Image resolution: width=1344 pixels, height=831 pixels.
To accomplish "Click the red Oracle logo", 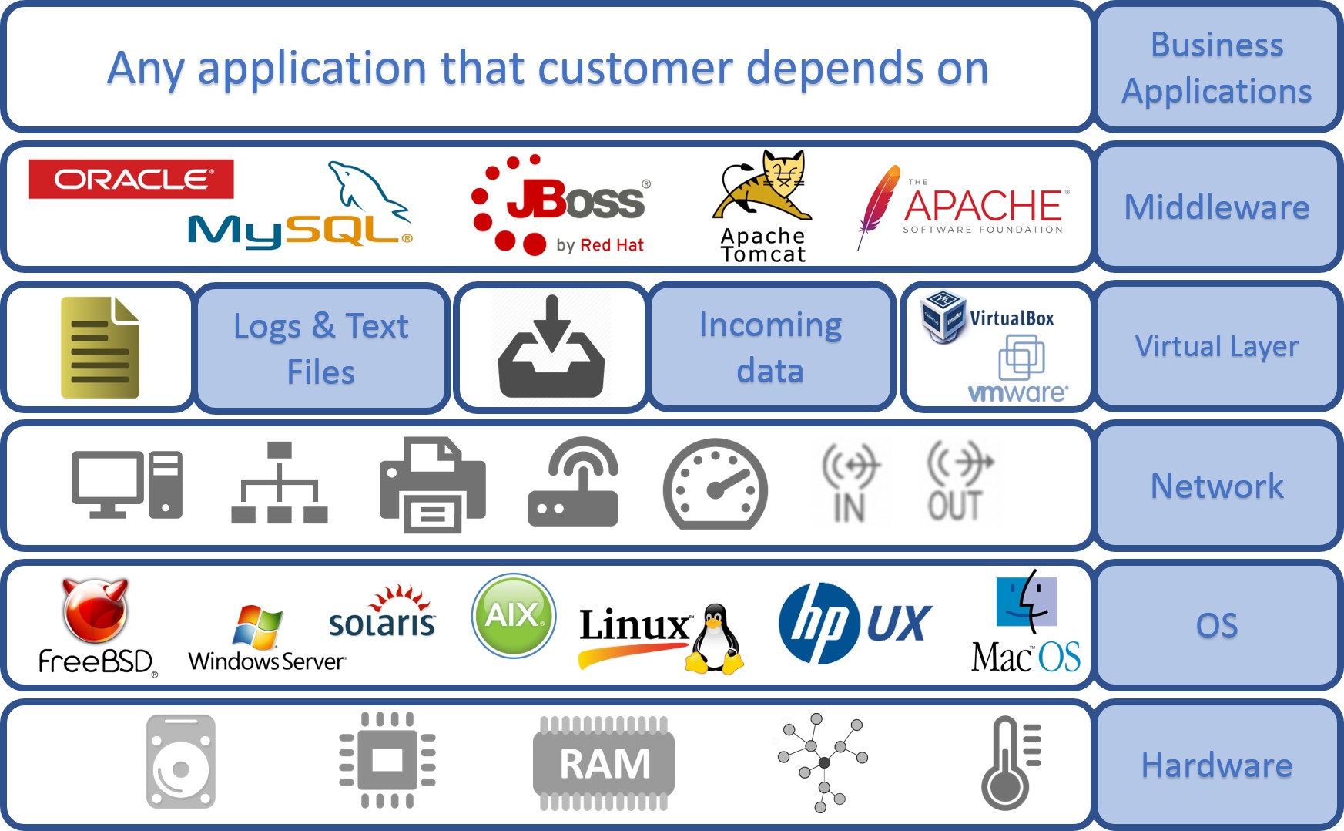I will point(131,179).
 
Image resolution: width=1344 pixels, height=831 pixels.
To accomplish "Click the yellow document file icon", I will point(100,347).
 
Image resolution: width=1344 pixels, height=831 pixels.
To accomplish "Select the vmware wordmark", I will point(1017,393).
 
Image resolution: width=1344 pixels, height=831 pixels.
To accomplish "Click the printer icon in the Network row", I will point(432,485).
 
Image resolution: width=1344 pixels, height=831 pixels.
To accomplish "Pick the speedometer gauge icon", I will point(715,484).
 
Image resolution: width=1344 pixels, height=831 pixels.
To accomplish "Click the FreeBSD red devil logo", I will point(95,611).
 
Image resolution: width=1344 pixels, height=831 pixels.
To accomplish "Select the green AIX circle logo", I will point(514,615).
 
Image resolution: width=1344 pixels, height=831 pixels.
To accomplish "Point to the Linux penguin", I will point(716,640).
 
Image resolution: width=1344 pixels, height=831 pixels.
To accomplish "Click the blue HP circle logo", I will point(819,623).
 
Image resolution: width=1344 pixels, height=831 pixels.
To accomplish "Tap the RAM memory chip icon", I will point(604,763).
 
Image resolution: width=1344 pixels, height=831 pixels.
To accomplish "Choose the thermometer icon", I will point(1010,763).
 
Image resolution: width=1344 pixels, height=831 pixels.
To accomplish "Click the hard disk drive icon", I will point(181,762).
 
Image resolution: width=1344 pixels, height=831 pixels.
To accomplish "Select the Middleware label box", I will point(1216,207).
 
